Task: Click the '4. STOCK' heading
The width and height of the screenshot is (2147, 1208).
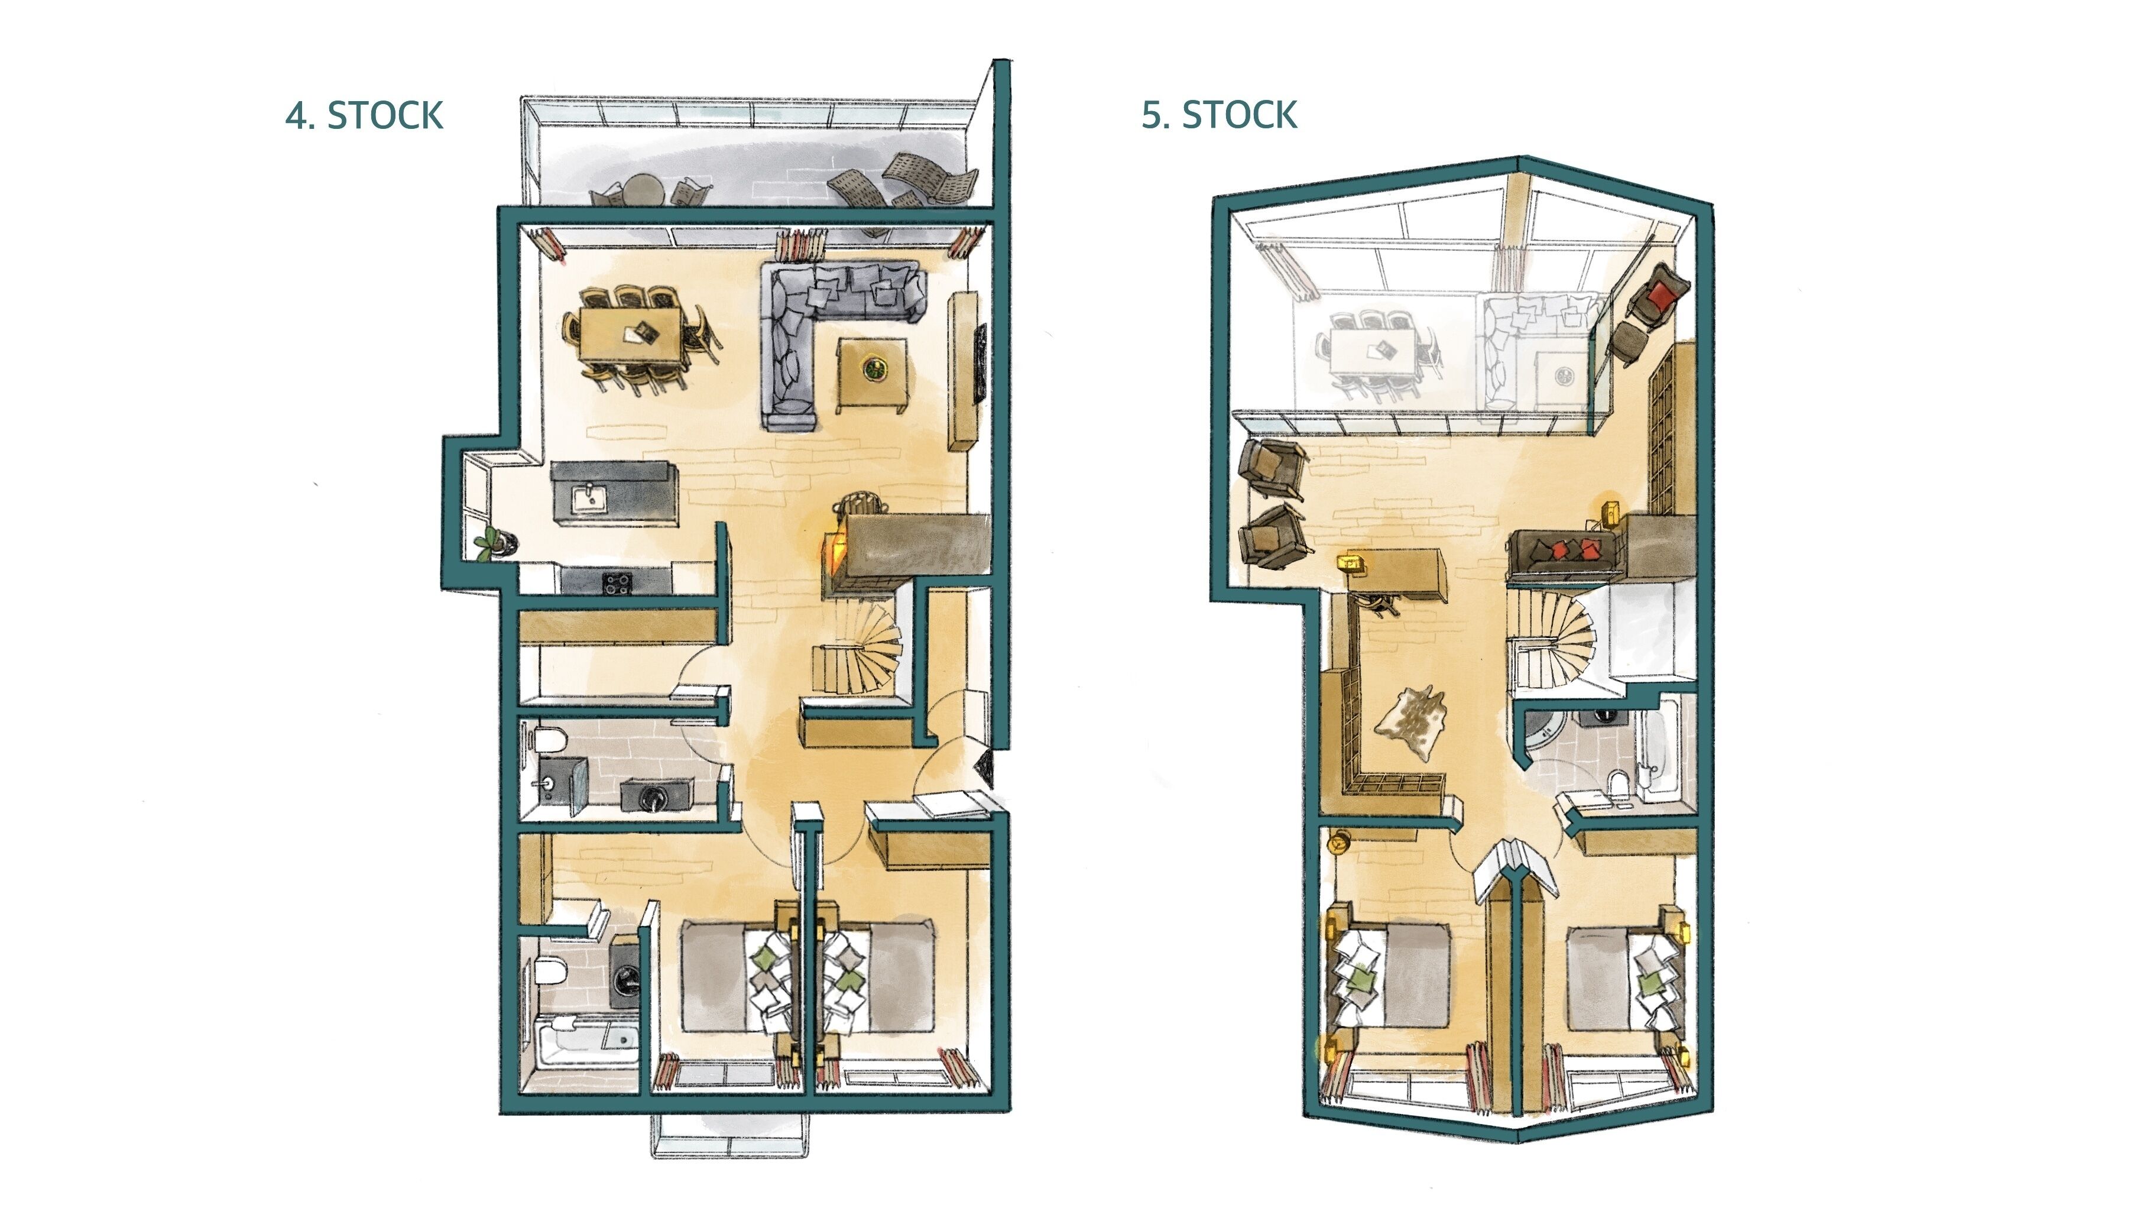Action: pyautogui.click(x=364, y=115)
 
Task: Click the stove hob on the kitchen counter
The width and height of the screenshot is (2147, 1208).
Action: pyautogui.click(x=617, y=581)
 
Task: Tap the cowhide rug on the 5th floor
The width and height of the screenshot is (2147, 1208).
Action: pyautogui.click(x=1410, y=721)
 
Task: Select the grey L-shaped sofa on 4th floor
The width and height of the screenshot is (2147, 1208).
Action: pyautogui.click(x=800, y=325)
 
